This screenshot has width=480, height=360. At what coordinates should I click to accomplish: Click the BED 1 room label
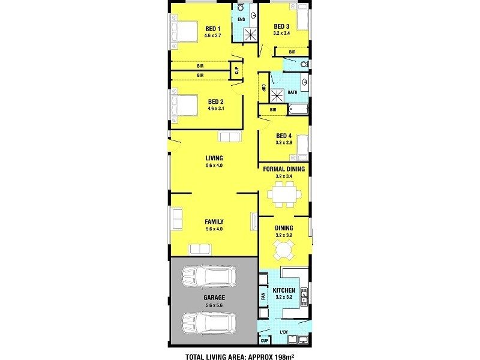tap(213, 28)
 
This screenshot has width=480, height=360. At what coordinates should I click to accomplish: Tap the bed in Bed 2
tap(186, 106)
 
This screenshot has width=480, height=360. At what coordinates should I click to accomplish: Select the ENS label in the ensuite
tap(241, 20)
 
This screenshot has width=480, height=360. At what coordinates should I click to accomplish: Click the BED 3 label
tap(282, 26)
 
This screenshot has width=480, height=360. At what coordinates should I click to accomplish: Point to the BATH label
tap(292, 92)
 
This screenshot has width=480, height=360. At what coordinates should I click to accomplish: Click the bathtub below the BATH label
tap(298, 110)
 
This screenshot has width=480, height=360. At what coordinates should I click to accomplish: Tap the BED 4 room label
tap(284, 136)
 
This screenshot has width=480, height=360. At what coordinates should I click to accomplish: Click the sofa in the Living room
tap(229, 137)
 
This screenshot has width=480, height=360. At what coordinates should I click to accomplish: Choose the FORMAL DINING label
tap(284, 169)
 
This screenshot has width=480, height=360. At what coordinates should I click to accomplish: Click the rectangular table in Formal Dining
tap(284, 194)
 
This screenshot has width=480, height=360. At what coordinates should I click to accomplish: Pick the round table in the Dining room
tap(284, 251)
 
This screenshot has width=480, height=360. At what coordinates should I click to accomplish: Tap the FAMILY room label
tap(214, 221)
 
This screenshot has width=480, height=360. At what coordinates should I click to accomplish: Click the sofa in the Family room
tap(200, 249)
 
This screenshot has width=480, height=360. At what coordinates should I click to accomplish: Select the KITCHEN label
tap(284, 290)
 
